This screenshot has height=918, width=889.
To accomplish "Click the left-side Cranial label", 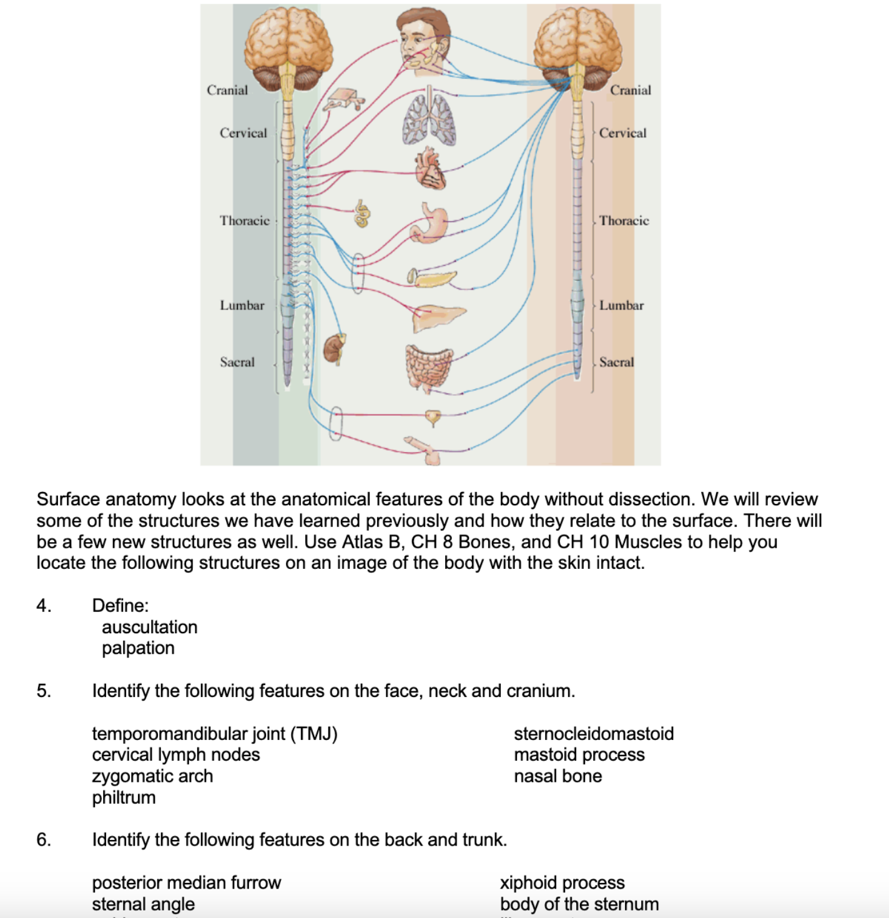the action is [x=227, y=91].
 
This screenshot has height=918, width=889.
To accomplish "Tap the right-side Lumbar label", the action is [x=621, y=305].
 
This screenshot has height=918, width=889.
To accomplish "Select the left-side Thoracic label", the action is [x=244, y=220].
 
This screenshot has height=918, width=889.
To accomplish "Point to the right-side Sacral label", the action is [x=616, y=362].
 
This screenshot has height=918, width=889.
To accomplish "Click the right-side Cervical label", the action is [x=622, y=133].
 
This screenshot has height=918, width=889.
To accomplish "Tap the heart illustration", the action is [x=430, y=169].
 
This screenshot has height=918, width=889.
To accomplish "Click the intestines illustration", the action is [x=428, y=368].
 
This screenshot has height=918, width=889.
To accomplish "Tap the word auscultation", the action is [x=149, y=627].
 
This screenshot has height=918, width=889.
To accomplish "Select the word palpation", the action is [x=138, y=648].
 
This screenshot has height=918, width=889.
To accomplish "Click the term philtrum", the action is [x=124, y=797].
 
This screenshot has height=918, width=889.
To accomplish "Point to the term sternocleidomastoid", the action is [x=594, y=734].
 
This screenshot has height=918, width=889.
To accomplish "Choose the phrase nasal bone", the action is [x=557, y=776].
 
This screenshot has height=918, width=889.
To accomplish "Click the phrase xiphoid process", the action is [x=562, y=882].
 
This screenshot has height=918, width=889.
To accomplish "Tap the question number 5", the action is [x=43, y=691].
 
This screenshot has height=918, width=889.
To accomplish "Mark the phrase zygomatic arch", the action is [x=152, y=776].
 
